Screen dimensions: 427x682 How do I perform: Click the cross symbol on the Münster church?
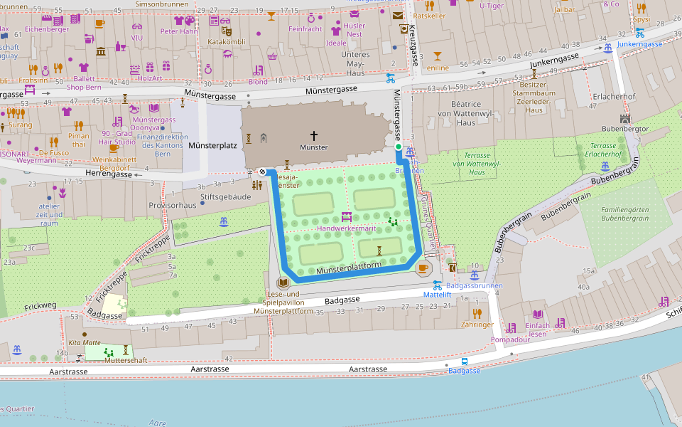click(x=313, y=135)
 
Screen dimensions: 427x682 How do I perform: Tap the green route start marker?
click(x=398, y=147)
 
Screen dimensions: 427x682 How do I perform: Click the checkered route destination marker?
click(x=262, y=172)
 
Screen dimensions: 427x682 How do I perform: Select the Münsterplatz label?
click(x=212, y=145)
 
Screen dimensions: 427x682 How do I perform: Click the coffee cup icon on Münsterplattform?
click(x=423, y=268)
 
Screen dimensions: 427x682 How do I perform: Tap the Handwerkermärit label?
click(x=345, y=228)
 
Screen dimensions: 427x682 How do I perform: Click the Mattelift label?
click(x=437, y=294)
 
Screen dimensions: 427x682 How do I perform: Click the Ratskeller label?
click(x=428, y=15)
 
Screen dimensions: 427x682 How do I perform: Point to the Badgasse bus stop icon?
click(x=465, y=361)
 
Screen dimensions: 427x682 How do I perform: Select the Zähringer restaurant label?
click(x=477, y=324)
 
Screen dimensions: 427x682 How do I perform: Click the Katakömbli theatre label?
click(x=226, y=41)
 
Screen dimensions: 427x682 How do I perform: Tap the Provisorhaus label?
click(x=172, y=204)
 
